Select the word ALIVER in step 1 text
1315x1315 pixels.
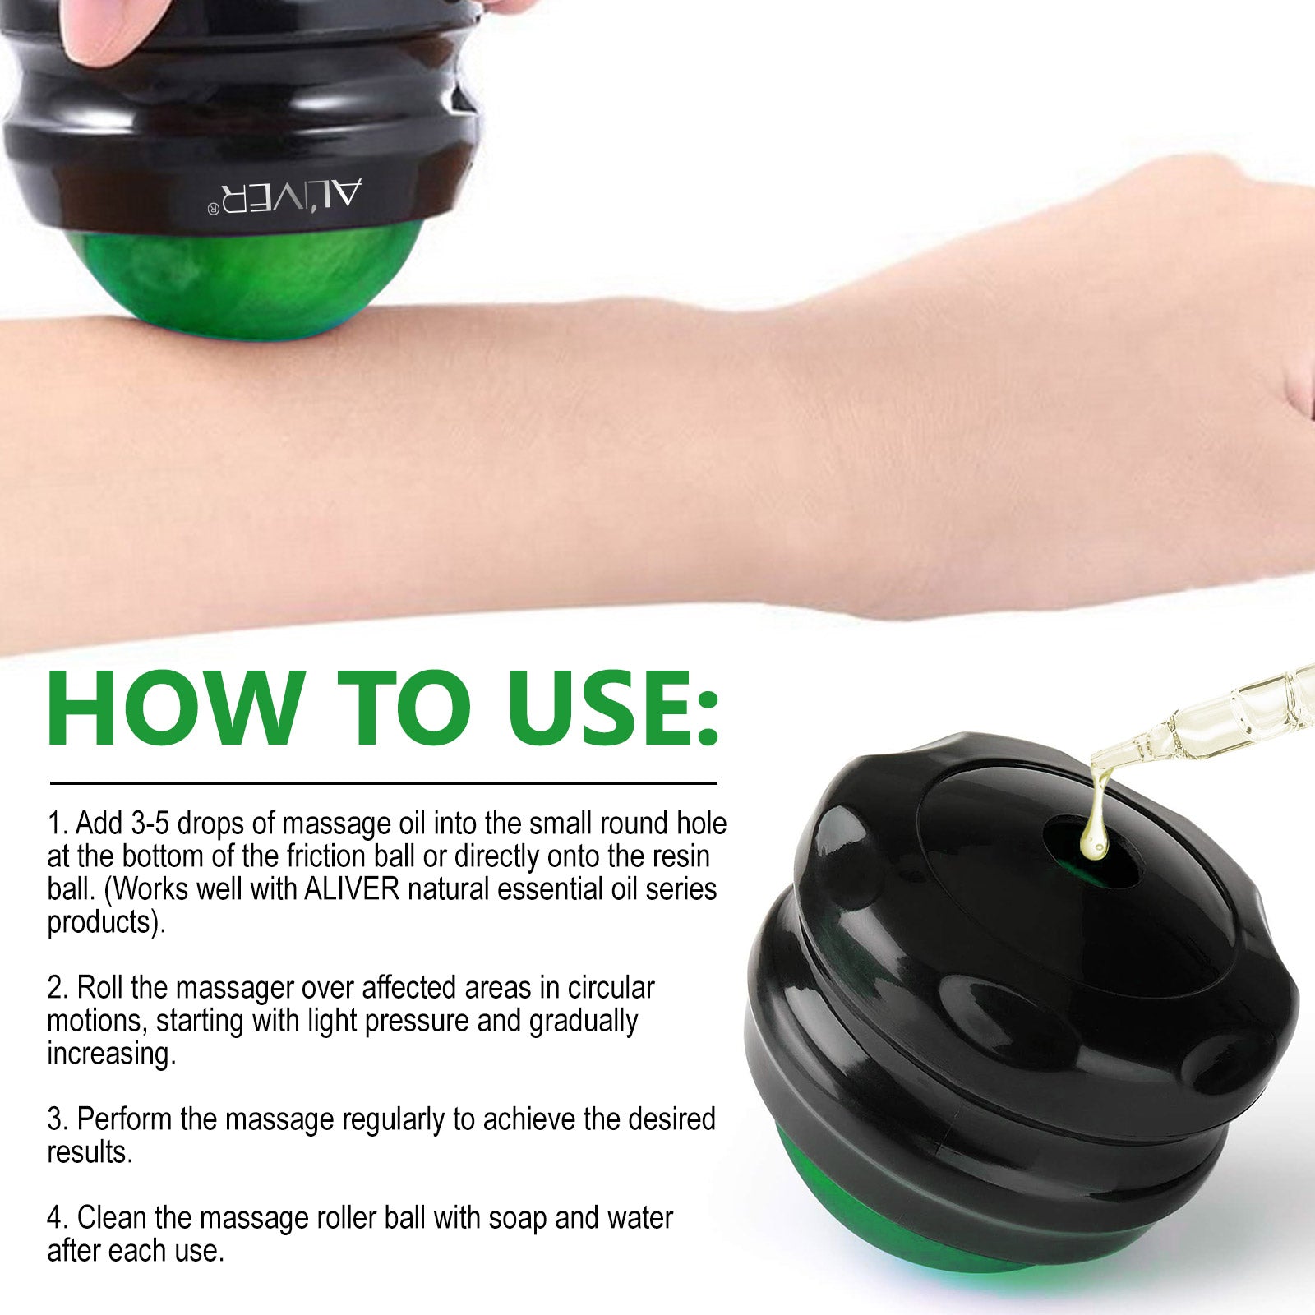pyautogui.click(x=351, y=889)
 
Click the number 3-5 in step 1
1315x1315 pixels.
pyautogui.click(x=150, y=823)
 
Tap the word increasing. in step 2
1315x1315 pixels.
pyautogui.click(x=112, y=1054)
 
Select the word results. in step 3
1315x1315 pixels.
pyautogui.click(x=90, y=1152)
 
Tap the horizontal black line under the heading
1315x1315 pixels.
pyautogui.click(x=383, y=783)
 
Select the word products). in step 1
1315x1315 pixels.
pyautogui.click(x=107, y=923)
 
